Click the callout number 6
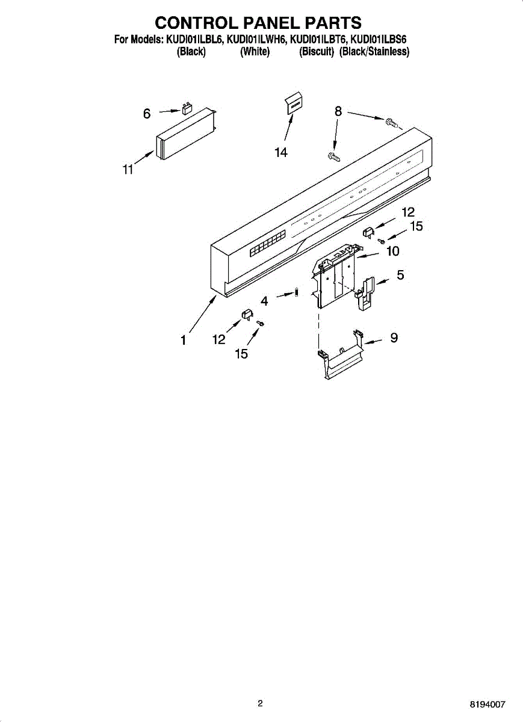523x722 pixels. [147, 113]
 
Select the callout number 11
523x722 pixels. [128, 170]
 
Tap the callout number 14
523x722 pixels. [280, 153]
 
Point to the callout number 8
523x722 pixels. [338, 111]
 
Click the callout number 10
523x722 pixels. [392, 251]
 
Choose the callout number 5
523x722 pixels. [400, 275]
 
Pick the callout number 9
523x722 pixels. [394, 338]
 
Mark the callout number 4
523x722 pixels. [264, 301]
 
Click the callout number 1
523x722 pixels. [183, 341]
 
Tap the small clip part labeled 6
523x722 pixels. [187, 110]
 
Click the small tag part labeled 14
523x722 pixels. [293, 104]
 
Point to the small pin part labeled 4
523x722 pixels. [297, 293]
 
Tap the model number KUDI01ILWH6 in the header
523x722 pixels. [257, 40]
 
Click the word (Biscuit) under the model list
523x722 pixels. [317, 52]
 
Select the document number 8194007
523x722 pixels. [488, 703]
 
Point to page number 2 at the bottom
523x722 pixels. [260, 703]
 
